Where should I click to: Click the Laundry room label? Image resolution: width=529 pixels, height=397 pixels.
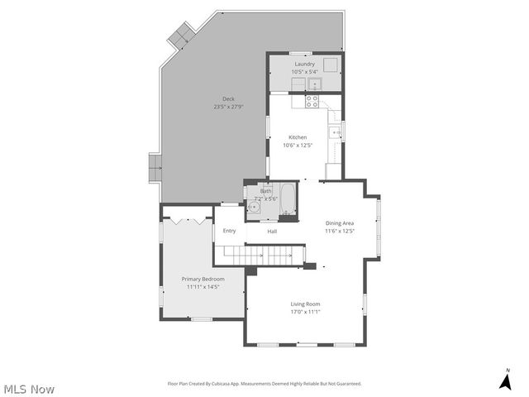(305, 64)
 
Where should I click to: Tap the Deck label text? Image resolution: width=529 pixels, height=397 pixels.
(228, 99)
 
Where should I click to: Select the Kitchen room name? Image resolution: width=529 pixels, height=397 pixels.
(298, 137)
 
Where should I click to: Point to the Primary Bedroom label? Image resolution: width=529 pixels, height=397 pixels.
(203, 280)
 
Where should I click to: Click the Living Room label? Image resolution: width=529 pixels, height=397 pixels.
(305, 304)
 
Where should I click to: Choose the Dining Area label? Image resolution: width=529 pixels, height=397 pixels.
(339, 223)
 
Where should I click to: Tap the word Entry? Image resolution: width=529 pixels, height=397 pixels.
(229, 231)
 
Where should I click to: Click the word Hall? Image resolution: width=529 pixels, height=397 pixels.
(272, 232)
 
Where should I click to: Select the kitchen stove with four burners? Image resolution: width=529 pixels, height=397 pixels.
(313, 103)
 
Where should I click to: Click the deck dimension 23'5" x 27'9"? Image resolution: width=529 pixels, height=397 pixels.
(228, 107)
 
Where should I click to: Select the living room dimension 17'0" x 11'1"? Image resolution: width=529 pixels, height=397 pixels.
(305, 312)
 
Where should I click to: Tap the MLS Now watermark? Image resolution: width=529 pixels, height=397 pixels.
(29, 389)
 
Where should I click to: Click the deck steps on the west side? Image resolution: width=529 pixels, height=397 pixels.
(154, 168)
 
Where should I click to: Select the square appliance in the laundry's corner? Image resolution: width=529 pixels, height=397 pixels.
(331, 66)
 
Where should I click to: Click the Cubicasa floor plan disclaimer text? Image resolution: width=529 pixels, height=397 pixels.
(264, 384)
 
